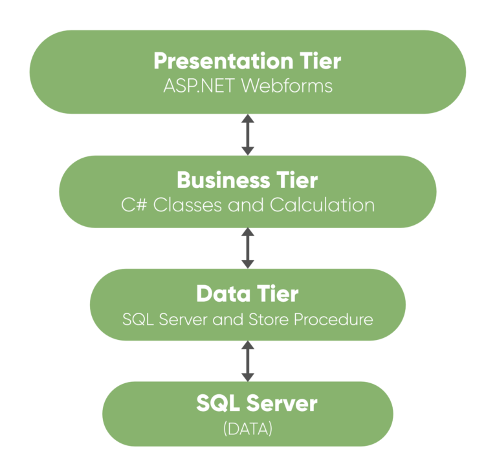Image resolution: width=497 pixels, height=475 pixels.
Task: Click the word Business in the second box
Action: click(x=217, y=180)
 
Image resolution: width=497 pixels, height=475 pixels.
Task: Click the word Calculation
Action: click(x=322, y=205)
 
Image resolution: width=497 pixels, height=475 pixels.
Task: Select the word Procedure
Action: click(x=337, y=319)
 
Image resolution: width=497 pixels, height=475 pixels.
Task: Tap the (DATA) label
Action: click(x=248, y=427)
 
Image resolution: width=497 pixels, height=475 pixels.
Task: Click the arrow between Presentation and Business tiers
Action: click(x=248, y=135)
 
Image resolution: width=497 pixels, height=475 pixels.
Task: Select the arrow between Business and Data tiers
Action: click(x=248, y=248)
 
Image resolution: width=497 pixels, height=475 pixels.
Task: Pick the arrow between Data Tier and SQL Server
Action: click(x=248, y=361)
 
